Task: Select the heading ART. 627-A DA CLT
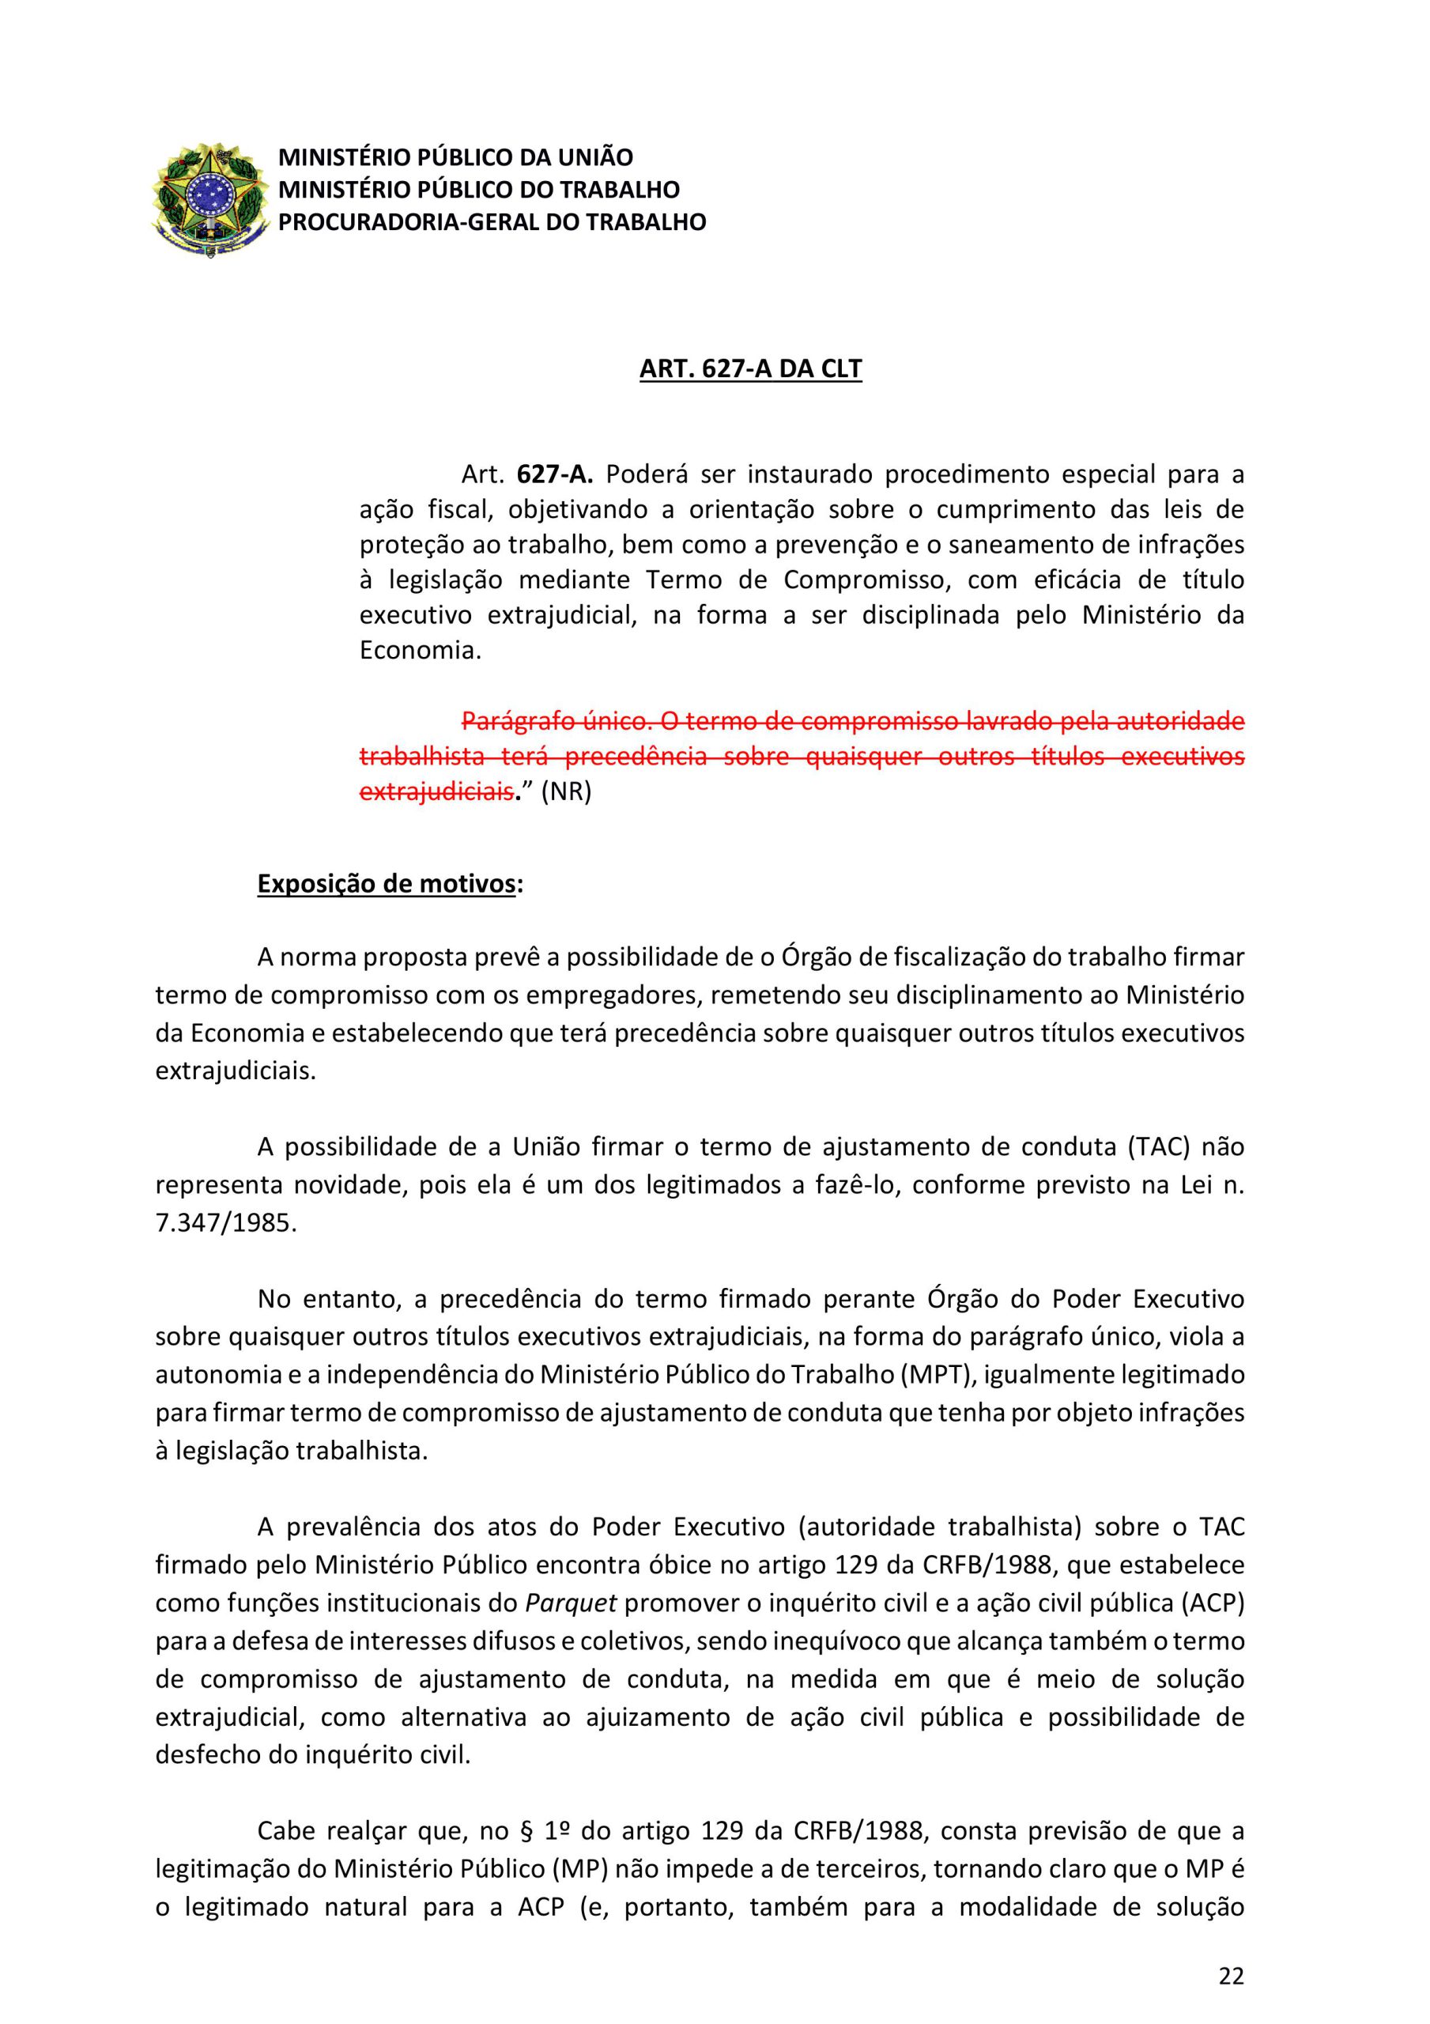[750, 368]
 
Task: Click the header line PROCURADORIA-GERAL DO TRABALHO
[492, 222]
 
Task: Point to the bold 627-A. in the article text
[556, 474]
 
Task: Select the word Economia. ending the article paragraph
[421, 651]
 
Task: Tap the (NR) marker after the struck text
[566, 791]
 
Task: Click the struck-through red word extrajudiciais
[436, 791]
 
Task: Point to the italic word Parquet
[571, 1603]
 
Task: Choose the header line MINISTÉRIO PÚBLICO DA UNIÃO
[456, 158]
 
